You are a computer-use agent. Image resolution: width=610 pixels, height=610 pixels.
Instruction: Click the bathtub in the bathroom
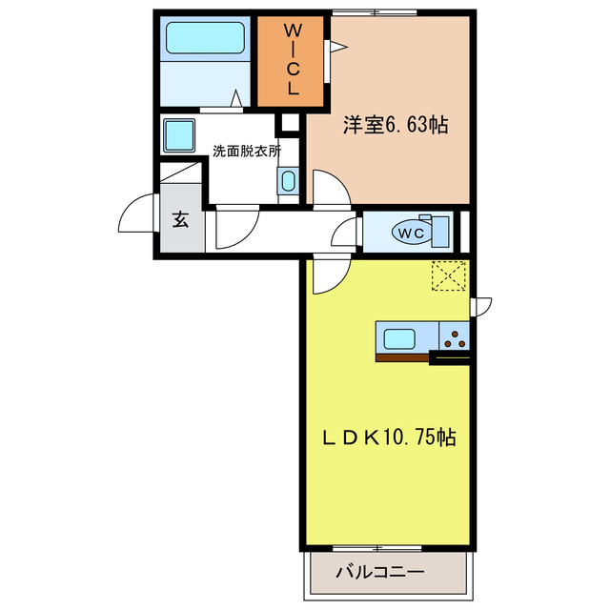(x=206, y=39)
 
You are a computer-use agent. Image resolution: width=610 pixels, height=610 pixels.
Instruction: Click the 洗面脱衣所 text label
(x=247, y=151)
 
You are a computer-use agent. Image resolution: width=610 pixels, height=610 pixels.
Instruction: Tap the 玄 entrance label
(x=180, y=220)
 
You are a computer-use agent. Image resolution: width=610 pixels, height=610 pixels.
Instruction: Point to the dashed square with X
(x=449, y=276)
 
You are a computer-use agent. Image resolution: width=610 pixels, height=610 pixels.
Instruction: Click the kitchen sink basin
(x=396, y=337)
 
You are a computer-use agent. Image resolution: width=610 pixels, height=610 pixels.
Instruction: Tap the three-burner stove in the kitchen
(x=455, y=337)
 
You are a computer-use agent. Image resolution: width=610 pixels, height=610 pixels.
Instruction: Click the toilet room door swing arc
(x=345, y=234)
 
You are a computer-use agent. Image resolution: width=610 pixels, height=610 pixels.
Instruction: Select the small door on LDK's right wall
(x=482, y=305)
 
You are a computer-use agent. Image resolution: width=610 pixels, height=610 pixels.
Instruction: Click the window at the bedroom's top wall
(x=380, y=12)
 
